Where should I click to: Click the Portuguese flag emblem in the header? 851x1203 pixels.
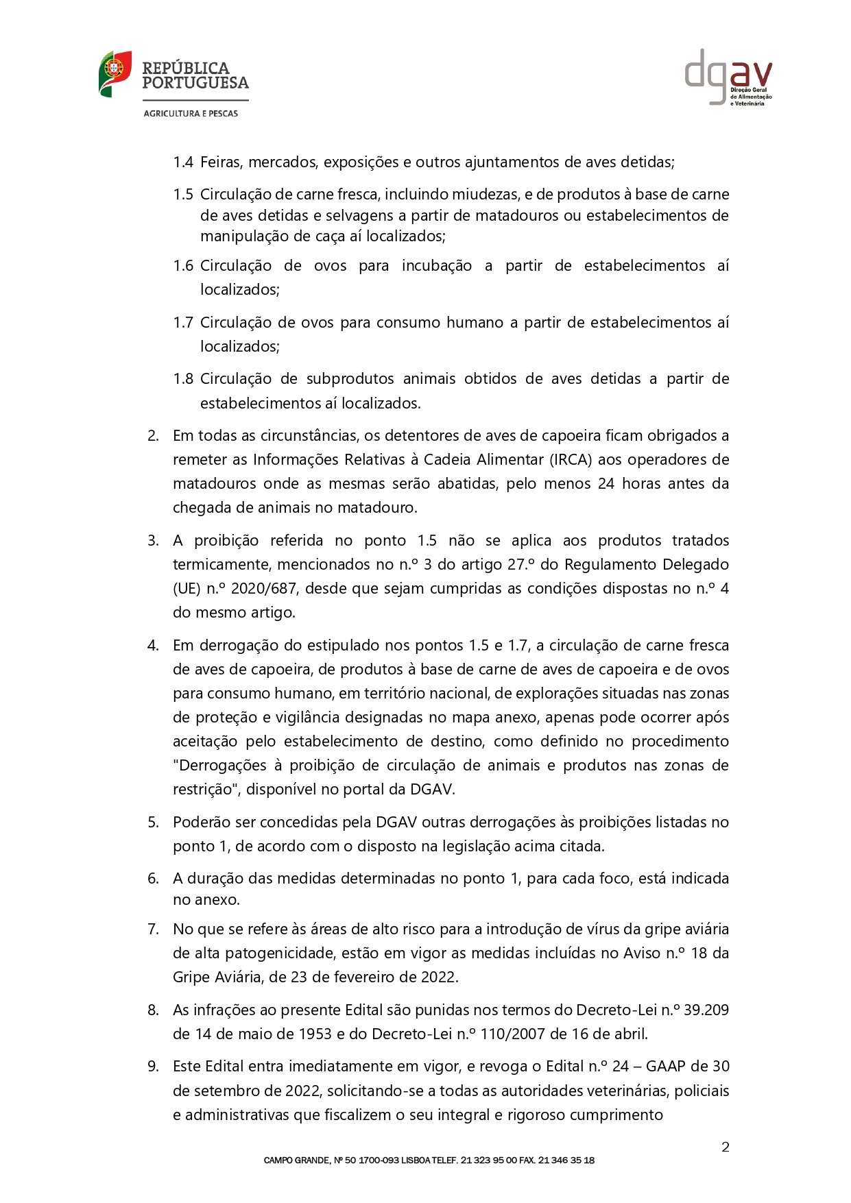(x=115, y=73)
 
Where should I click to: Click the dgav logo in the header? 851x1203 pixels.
(x=728, y=77)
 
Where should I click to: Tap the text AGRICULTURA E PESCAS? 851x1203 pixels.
(x=191, y=114)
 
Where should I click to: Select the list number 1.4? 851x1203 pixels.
(x=183, y=162)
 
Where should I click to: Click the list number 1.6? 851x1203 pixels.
(x=183, y=266)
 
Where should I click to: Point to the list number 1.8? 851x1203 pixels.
(x=183, y=379)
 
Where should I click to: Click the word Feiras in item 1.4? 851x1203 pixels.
(x=221, y=162)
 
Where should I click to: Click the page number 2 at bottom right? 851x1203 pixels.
(x=725, y=1147)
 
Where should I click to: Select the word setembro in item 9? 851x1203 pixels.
(x=221, y=1091)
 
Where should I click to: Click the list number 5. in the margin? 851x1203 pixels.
(x=154, y=823)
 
